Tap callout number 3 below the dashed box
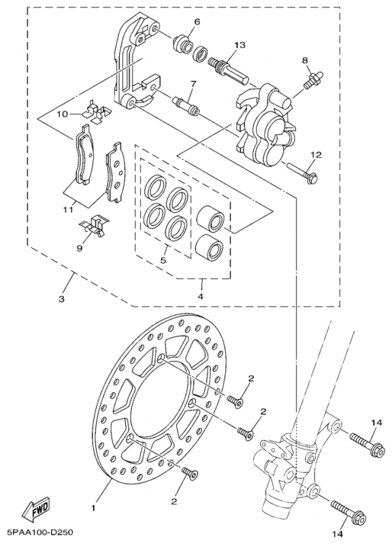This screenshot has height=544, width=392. pos(62,299)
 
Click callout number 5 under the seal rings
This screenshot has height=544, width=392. pos(163,259)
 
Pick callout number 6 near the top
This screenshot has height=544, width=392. pos(197,22)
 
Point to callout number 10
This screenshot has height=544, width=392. pos(63,114)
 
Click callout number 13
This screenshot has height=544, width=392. pos(240,45)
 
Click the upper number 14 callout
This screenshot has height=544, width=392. pos(374,423)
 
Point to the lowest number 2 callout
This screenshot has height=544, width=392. pos(175,501)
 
